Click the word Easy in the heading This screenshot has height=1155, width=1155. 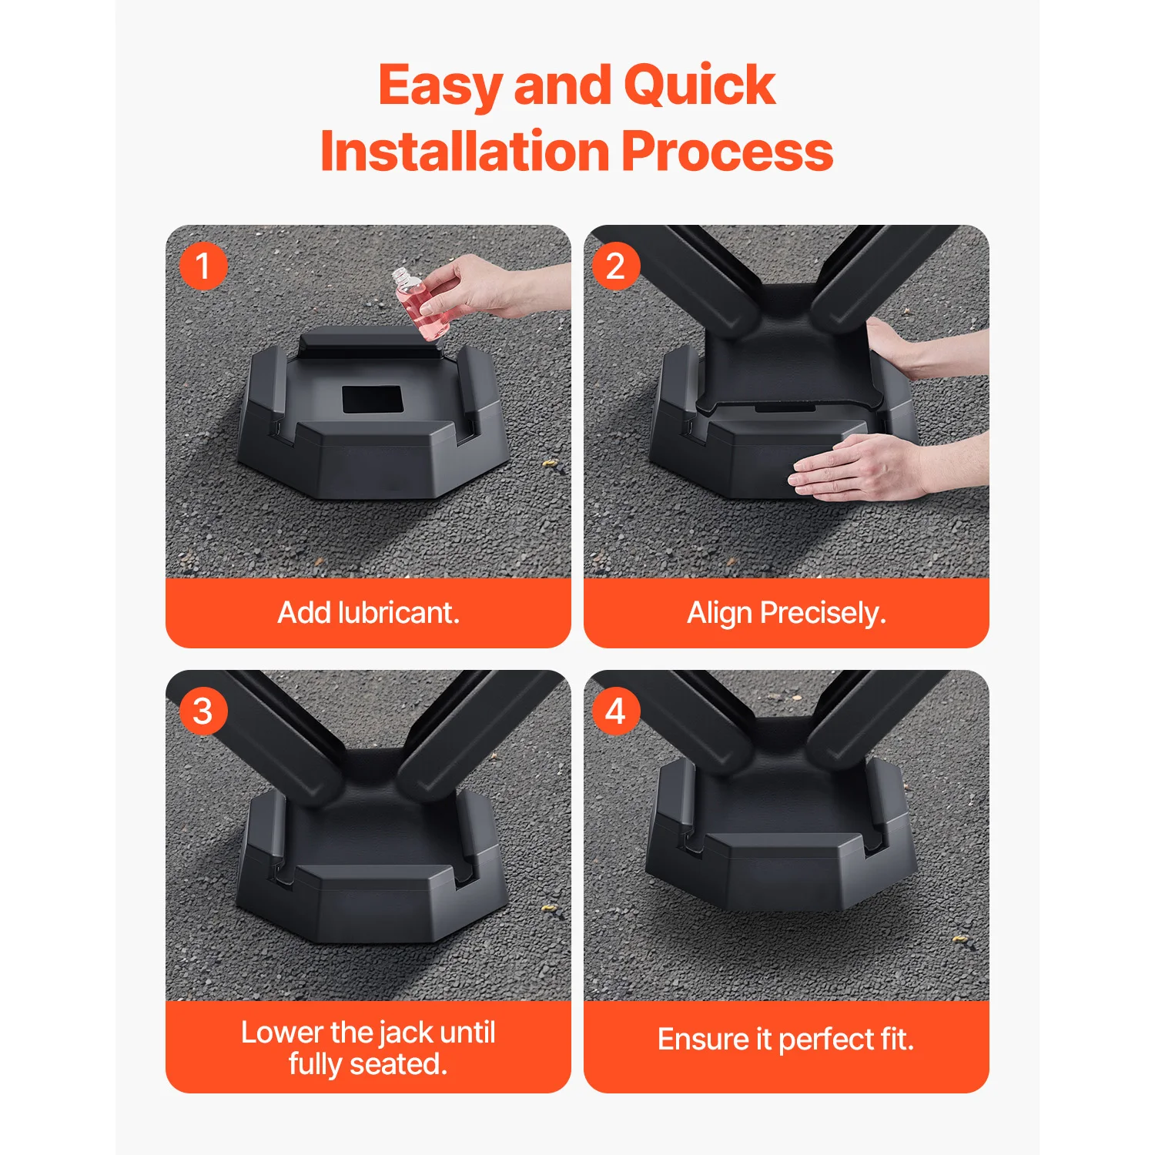440,86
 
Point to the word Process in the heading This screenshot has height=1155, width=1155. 727,152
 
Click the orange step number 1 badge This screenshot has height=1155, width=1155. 203,266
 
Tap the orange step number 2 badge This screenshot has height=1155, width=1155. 615,266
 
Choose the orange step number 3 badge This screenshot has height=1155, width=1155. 203,711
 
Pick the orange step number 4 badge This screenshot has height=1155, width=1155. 615,711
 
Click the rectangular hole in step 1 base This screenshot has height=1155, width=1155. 372,400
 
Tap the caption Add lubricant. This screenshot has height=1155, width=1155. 368,613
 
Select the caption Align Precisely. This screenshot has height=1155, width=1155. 786,613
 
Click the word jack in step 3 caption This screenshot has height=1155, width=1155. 407,1032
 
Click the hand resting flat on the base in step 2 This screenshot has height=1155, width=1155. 855,468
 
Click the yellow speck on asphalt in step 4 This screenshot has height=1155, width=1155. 959,938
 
